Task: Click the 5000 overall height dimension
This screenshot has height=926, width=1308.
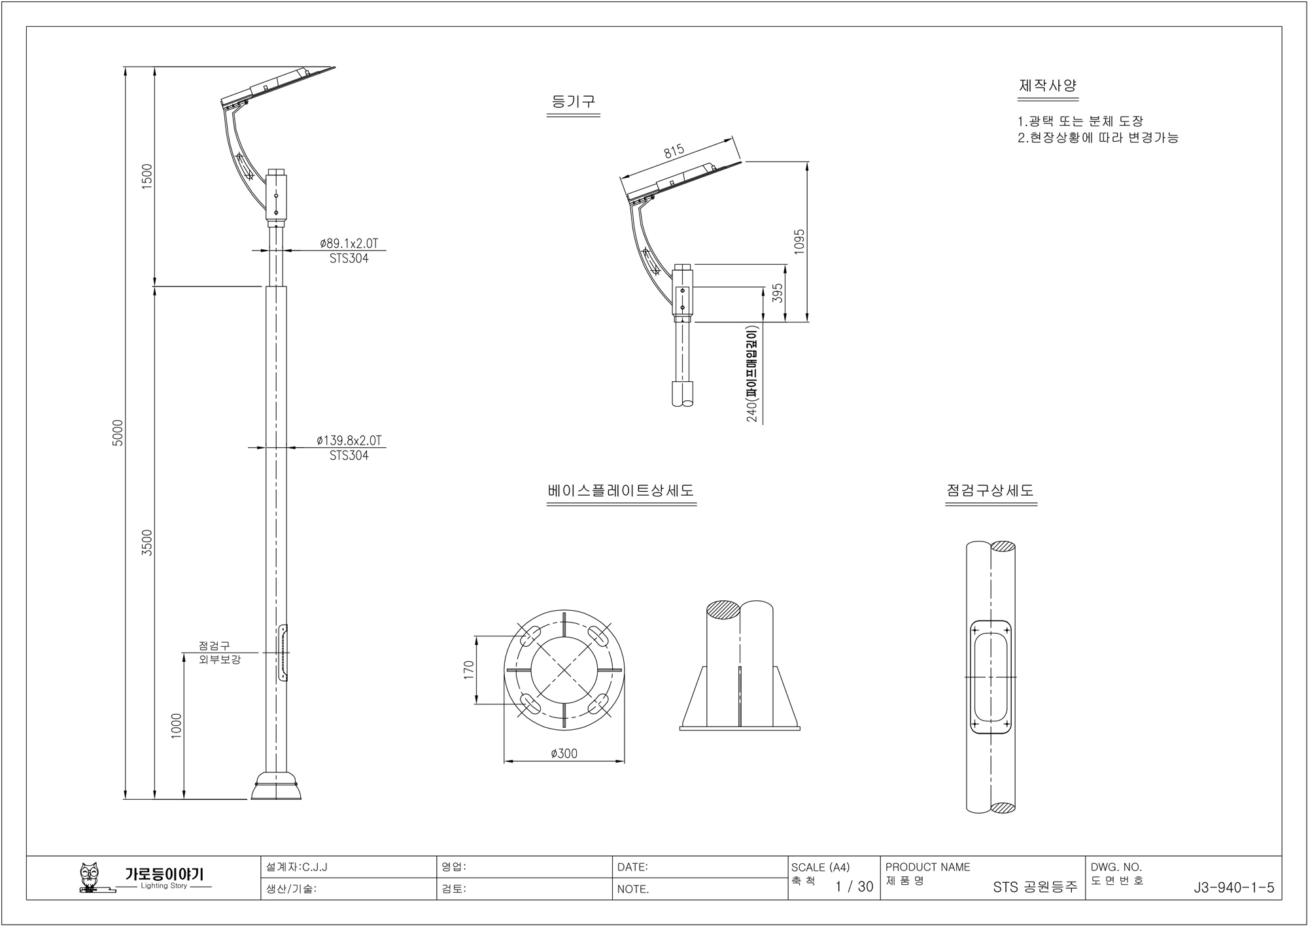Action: [118, 432]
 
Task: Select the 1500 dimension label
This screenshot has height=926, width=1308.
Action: [147, 177]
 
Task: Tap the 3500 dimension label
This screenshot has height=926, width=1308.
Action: [147, 543]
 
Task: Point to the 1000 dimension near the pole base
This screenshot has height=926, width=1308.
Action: [176, 726]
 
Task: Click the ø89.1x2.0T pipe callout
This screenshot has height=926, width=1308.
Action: [349, 244]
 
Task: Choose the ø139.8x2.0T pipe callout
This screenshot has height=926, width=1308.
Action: [349, 441]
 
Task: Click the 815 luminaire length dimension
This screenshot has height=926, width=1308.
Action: [674, 152]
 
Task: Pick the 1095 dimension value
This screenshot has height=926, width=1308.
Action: [799, 242]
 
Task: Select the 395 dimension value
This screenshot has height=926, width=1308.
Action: [778, 293]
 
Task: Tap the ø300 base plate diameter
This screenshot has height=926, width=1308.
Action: [564, 754]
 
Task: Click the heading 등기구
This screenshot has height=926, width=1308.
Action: [573, 102]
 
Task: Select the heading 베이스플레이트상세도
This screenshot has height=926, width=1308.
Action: [621, 490]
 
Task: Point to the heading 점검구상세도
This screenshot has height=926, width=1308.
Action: [990, 490]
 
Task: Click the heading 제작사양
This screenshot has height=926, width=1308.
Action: [1048, 86]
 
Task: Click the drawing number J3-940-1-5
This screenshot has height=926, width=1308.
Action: [1233, 887]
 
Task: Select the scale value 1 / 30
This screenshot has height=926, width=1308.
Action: [854, 887]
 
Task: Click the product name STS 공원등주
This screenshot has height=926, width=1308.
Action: [1035, 887]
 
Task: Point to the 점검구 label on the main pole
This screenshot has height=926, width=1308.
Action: [214, 646]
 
